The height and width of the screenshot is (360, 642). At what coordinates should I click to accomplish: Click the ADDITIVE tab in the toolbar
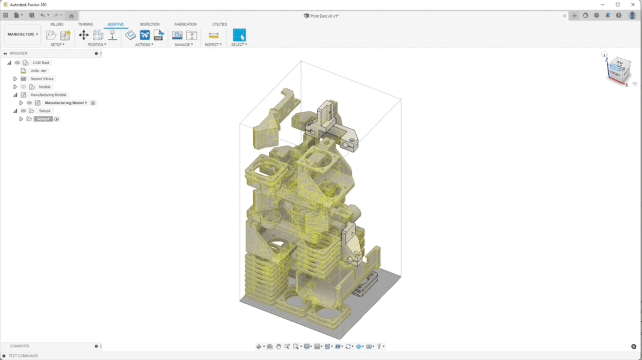(x=115, y=24)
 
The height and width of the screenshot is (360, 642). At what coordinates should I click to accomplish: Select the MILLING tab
(x=56, y=24)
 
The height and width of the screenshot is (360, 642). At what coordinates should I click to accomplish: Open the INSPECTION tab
(x=149, y=24)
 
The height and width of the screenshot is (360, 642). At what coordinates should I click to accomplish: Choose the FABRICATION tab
(x=185, y=24)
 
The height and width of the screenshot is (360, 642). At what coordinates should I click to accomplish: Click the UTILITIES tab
(x=219, y=24)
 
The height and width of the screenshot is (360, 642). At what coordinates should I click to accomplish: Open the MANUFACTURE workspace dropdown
(x=23, y=34)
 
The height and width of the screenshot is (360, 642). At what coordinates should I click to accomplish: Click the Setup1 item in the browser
(x=43, y=119)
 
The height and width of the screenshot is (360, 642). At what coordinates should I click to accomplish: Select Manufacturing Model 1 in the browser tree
(x=65, y=103)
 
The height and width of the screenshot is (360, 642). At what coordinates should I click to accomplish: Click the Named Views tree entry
(x=42, y=79)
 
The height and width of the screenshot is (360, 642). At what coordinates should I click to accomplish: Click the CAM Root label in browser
(x=41, y=63)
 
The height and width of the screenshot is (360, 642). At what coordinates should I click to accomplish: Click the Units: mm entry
(x=38, y=71)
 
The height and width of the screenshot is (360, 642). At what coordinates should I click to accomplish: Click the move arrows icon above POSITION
(x=83, y=35)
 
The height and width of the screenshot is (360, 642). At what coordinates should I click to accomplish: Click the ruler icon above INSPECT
(x=213, y=35)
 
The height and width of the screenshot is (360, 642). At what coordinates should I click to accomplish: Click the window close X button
(x=632, y=4)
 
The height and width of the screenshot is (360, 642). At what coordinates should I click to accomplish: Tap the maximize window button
(x=617, y=4)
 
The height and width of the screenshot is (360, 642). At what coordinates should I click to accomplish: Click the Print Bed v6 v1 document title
(x=325, y=16)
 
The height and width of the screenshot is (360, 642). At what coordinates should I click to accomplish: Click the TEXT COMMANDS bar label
(x=23, y=356)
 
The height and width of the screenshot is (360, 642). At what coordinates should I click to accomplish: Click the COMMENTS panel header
(x=19, y=346)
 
